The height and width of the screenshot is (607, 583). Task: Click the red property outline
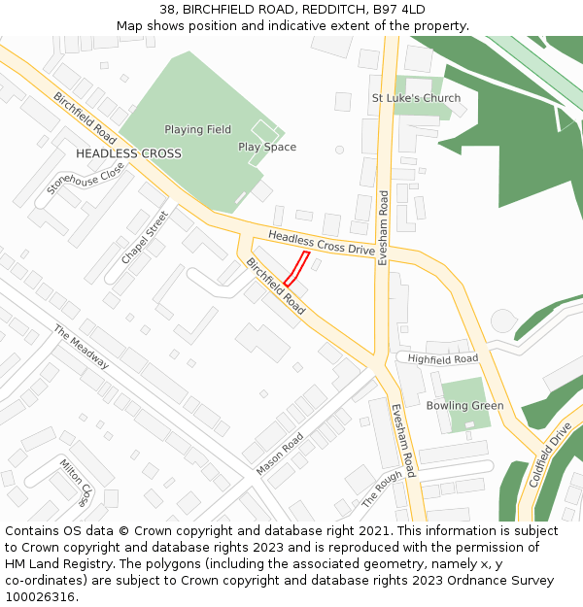click(x=297, y=269)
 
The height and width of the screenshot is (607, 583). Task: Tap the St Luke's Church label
click(x=416, y=99)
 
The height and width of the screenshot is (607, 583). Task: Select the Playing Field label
click(x=197, y=129)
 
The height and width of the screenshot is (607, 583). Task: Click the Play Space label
click(x=267, y=147)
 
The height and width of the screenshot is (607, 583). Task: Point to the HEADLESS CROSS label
click(x=128, y=153)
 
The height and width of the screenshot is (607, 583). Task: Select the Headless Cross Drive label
click(x=321, y=243)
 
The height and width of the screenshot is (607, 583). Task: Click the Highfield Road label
click(x=443, y=359)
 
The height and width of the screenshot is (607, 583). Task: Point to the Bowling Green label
click(x=464, y=405)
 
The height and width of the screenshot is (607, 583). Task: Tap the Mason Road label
click(x=280, y=454)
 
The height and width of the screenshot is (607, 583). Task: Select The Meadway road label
click(x=82, y=347)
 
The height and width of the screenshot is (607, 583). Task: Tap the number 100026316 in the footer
click(x=40, y=597)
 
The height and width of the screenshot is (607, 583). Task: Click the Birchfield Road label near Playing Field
click(x=85, y=118)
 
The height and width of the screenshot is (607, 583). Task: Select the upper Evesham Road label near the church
click(x=384, y=216)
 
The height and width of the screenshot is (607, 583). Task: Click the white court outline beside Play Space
click(x=263, y=130)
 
